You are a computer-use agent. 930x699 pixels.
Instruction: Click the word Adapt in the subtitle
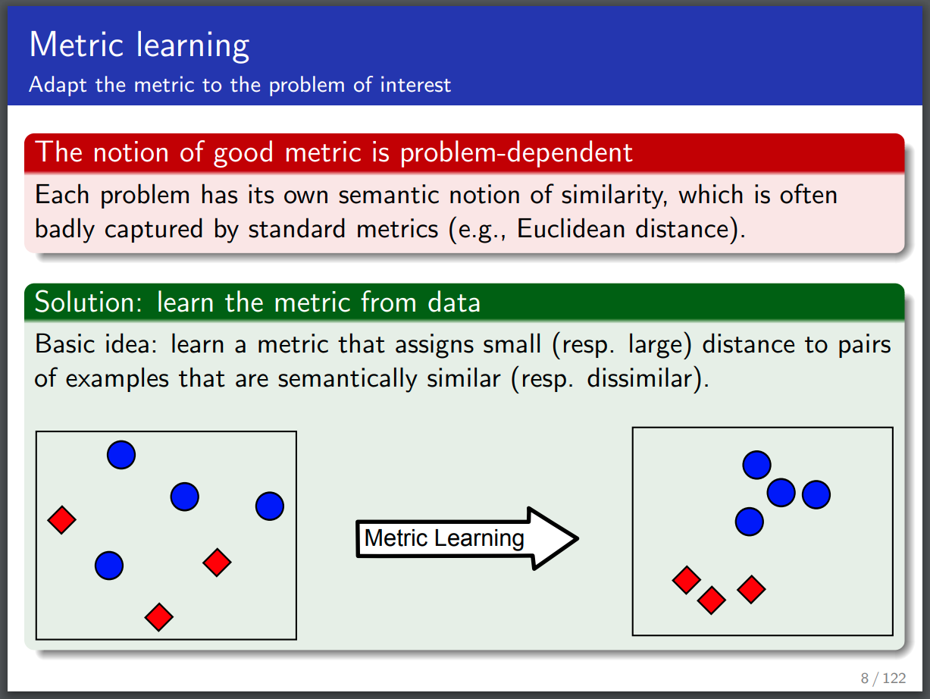pyautogui.click(x=57, y=85)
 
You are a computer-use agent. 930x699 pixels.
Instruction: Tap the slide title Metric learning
pyautogui.click(x=139, y=45)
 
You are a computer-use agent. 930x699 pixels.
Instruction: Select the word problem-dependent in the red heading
pyautogui.click(x=516, y=153)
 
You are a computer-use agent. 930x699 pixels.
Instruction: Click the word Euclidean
pyautogui.click(x=571, y=229)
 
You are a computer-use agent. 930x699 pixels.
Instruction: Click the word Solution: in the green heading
pyautogui.click(x=88, y=302)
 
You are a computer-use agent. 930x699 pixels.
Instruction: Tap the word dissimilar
pyautogui.click(x=642, y=379)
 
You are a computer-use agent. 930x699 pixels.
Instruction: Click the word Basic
pyautogui.click(x=65, y=343)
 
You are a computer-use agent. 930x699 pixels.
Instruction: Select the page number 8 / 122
pyautogui.click(x=884, y=679)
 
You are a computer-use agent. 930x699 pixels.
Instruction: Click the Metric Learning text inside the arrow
pyautogui.click(x=444, y=538)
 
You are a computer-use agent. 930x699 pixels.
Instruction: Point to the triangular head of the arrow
pyautogui.click(x=553, y=538)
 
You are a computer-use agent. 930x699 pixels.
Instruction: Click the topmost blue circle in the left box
pyautogui.click(x=121, y=455)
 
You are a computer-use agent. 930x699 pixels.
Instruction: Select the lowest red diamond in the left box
pyautogui.click(x=159, y=617)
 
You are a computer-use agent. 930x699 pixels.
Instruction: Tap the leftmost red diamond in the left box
pyautogui.click(x=62, y=520)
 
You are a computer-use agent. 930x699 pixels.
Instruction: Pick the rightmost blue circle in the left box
pyautogui.click(x=270, y=506)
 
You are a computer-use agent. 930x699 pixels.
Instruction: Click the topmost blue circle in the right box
pyautogui.click(x=756, y=465)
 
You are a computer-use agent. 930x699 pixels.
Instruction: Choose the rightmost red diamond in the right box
pyautogui.click(x=751, y=589)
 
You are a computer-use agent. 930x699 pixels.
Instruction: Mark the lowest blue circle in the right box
pyautogui.click(x=750, y=522)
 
